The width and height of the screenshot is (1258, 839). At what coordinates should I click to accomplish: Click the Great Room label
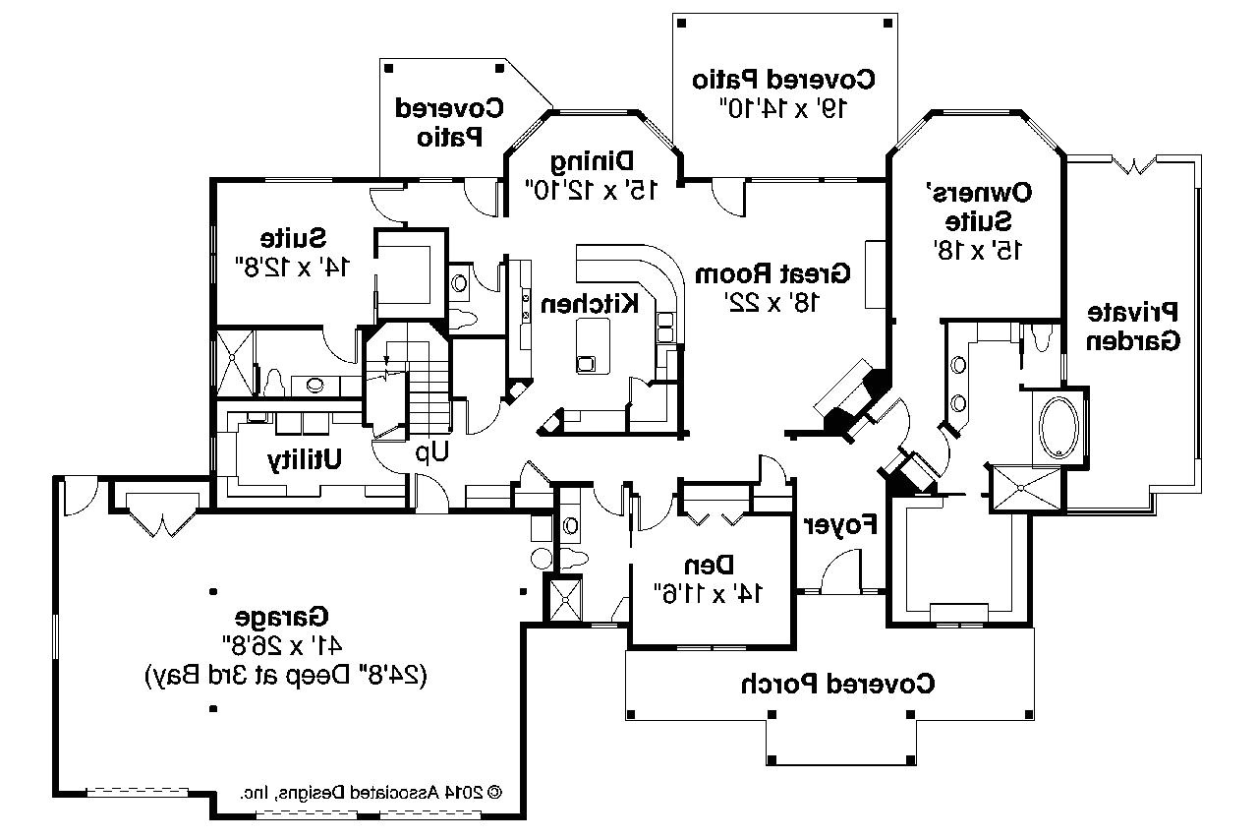772,273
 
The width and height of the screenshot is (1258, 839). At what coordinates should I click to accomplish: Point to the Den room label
712,565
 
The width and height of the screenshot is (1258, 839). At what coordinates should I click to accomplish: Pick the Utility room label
306,458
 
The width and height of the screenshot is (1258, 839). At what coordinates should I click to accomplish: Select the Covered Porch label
837,682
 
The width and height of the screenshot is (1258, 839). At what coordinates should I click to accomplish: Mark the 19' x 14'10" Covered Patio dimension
783,108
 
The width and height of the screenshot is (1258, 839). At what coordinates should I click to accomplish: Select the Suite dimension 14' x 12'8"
293,267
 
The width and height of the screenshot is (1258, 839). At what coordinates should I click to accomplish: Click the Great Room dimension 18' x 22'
772,303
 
